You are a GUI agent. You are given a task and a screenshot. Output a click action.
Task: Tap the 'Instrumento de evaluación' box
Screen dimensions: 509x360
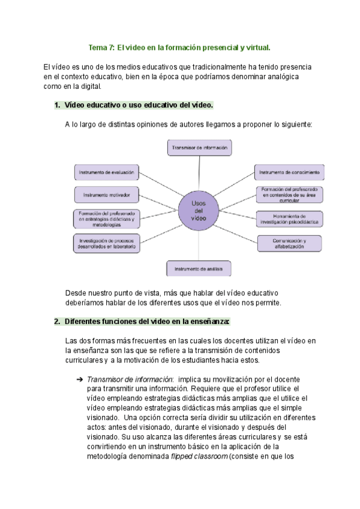[x=106, y=172]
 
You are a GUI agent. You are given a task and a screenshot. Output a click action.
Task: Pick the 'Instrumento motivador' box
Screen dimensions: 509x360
[x=107, y=194]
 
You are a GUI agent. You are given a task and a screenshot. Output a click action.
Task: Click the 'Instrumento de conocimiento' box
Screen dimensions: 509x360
[x=289, y=172]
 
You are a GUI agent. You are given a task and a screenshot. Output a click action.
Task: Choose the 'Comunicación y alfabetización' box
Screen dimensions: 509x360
[x=289, y=243]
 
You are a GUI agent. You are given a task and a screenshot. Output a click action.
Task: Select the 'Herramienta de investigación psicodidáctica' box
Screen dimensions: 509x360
[x=289, y=219]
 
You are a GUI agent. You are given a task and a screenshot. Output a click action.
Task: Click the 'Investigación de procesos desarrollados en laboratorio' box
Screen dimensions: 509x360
[x=106, y=243]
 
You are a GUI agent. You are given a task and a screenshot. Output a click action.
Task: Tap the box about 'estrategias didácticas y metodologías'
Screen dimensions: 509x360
[x=106, y=219]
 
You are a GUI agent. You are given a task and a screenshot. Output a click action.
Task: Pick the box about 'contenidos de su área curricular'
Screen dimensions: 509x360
[x=289, y=194]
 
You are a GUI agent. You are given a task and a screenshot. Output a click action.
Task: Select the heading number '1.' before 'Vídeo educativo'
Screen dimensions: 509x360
[x=58, y=105]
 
